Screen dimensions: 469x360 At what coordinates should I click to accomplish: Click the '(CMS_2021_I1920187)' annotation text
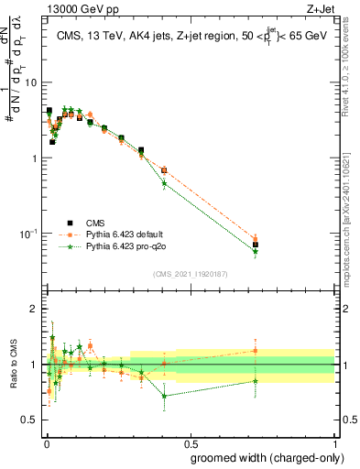(190, 273)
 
